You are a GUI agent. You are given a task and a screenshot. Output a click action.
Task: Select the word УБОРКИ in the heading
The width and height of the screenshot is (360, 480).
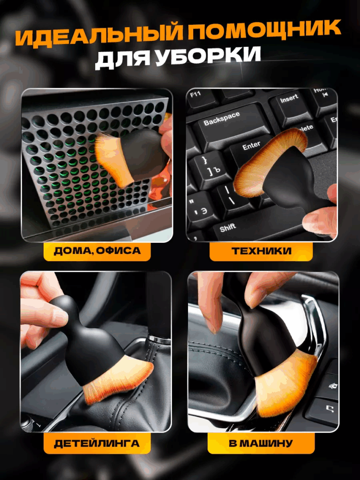[208, 56]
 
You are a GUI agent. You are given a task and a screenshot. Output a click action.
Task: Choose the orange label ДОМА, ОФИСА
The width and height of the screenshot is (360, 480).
[97, 251]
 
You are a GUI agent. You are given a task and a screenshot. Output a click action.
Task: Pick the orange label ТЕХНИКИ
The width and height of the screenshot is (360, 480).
[261, 251]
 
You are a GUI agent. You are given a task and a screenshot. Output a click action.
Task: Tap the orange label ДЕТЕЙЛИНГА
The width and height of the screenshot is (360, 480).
[97, 443]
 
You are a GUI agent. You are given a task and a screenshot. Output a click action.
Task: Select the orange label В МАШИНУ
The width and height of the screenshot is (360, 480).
[261, 443]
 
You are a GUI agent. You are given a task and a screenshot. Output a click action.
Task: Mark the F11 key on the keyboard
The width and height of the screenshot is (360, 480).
[201, 98]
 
